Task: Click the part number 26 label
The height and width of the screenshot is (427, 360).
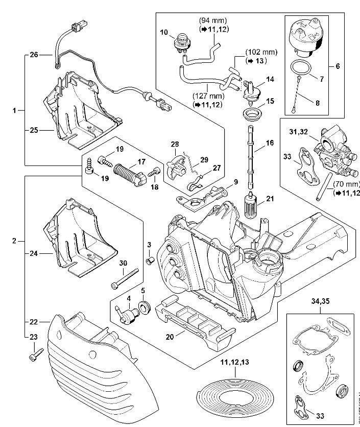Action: (34, 54)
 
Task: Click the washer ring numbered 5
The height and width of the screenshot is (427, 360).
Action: (143, 308)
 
